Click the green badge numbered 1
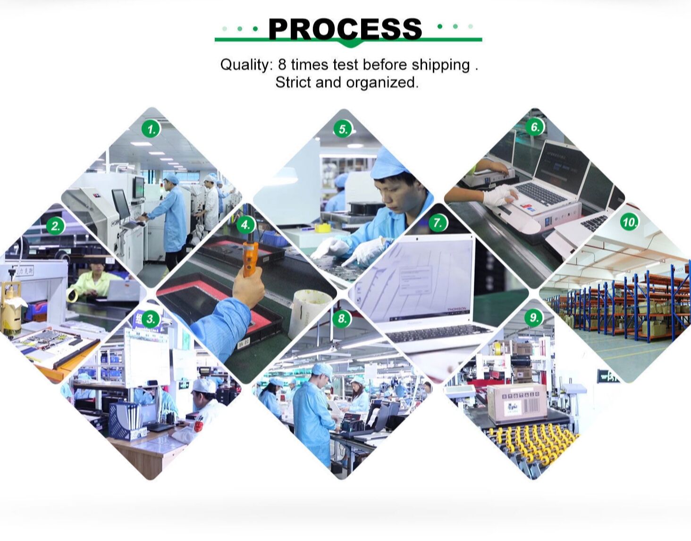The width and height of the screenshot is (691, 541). point(151,129)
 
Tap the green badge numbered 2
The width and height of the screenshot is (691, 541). point(56,226)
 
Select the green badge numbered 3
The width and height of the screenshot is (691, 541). point(151,319)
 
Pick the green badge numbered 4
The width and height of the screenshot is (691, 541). point(245,225)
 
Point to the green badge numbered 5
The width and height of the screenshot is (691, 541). point(343,129)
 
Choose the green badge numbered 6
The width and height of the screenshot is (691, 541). point(535,127)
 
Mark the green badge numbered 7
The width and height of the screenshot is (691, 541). point(438,223)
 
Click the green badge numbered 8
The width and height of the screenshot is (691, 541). point(342,319)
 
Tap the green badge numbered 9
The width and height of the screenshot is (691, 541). point(534,318)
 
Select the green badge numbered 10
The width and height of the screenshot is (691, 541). point(629,222)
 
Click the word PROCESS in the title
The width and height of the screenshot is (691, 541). point(345,29)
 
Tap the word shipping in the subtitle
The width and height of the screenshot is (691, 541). point(440,65)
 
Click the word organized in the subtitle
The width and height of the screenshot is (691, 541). point(382,83)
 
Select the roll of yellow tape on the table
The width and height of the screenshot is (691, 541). point(323,228)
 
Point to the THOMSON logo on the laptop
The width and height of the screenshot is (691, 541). point(456,310)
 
